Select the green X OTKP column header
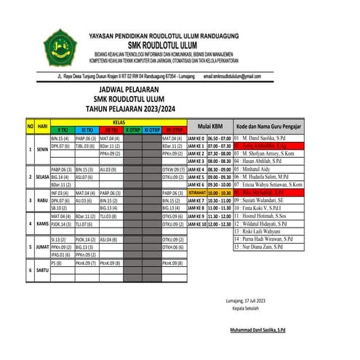tap(133, 129)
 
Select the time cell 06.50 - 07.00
tap(220, 137)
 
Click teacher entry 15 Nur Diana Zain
tap(266, 247)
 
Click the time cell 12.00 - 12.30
tap(220, 224)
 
